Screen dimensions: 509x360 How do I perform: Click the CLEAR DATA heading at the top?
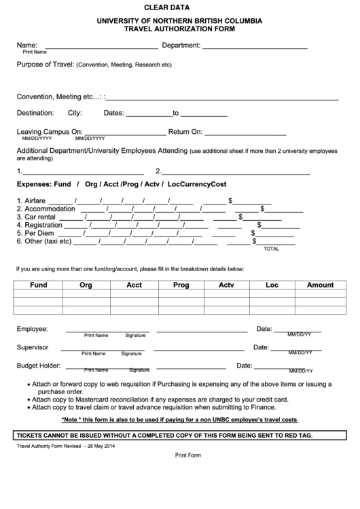point(179,7)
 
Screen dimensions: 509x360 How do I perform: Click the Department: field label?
point(181,46)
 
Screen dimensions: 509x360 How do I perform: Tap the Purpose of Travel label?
point(45,65)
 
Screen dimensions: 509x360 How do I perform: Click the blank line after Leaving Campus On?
point(125,132)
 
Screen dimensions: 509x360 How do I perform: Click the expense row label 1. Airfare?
point(31,200)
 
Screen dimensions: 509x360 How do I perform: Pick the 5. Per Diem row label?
point(35,233)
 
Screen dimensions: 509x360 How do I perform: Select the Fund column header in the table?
point(39,285)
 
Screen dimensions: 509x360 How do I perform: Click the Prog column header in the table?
point(181,285)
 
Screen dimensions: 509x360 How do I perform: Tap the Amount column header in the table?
point(320,285)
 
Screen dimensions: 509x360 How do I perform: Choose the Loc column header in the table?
point(272,285)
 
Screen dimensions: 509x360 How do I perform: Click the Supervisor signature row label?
point(33,347)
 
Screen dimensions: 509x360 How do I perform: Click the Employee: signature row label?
point(32,329)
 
